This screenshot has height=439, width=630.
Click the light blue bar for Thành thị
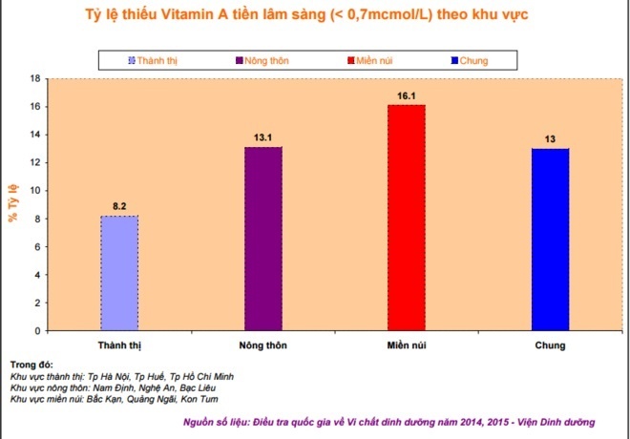[119, 273]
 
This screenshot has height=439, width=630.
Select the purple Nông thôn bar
[262, 239]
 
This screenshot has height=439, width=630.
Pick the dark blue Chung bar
[550, 240]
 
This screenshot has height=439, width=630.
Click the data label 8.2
[119, 206]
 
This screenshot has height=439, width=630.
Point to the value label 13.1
[262, 137]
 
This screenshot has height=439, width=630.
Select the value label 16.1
[406, 95]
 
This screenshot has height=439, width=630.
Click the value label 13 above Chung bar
[550, 139]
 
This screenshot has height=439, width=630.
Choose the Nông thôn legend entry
[262, 61]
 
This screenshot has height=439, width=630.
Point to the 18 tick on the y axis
[34, 78]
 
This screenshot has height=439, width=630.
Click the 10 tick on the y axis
[34, 191]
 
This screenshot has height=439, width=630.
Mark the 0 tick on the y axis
[37, 331]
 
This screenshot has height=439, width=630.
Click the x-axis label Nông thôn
[262, 345]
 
